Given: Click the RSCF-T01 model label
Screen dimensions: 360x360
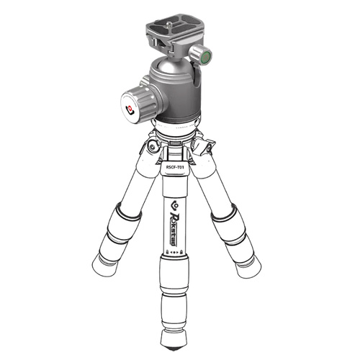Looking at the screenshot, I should [x=175, y=168].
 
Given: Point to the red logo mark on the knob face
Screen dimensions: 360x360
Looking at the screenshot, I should [x=130, y=110].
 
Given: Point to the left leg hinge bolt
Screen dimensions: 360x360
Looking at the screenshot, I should [x=152, y=147].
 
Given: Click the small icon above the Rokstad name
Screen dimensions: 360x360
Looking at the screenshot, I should [x=174, y=204].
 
